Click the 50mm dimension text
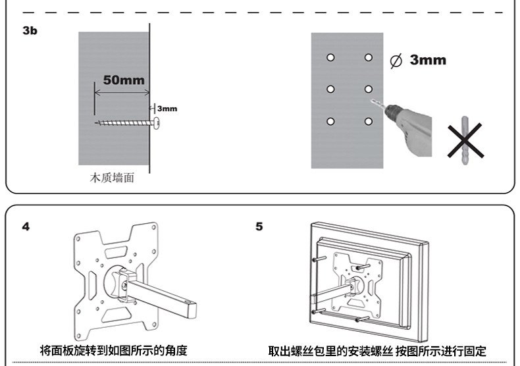point(124,80)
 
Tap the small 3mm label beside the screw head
point(167,108)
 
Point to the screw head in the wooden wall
point(157,122)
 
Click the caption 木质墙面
point(112,177)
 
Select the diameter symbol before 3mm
point(396,61)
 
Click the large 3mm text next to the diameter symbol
point(427,61)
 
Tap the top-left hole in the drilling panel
point(331,58)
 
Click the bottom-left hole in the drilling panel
point(331,121)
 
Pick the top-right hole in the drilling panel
point(369,58)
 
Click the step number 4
point(26,226)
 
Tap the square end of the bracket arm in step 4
point(191,308)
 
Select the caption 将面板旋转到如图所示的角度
point(118,350)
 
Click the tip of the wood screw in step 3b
point(97,122)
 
